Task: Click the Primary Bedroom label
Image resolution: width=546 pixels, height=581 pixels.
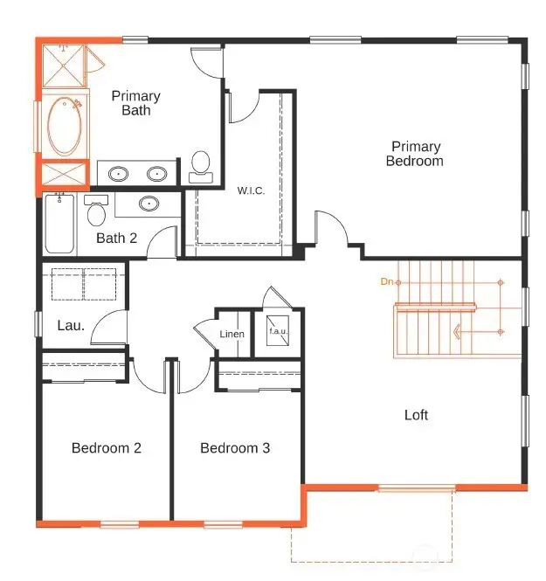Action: pos(415,154)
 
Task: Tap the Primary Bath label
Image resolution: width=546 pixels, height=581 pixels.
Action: pos(135,103)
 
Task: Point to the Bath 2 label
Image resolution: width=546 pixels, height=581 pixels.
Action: pos(117,238)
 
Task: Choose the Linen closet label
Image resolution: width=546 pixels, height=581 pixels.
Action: pos(232,334)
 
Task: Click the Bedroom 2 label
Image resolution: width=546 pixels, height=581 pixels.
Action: pos(107,448)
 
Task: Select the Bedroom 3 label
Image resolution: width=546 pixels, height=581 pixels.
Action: pos(235,448)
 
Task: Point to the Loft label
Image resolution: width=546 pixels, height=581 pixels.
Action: pos(416,415)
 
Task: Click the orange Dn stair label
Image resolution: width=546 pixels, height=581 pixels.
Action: pos(387,281)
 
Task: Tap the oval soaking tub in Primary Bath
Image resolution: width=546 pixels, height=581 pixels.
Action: pos(63,126)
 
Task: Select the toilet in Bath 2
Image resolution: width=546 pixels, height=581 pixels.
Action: pos(96,211)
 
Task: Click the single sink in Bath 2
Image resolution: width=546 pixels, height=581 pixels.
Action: pos(149,204)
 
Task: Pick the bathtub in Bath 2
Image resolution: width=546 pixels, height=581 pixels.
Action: pos(60,225)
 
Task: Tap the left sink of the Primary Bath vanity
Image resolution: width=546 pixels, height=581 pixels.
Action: pos(118,173)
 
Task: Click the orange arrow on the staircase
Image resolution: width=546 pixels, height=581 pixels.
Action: pos(457,331)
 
